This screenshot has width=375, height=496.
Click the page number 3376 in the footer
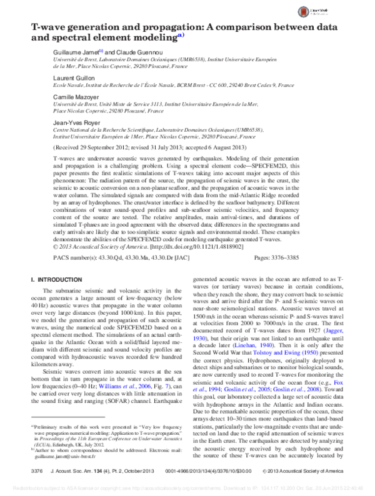pyautogui.click(x=37, y=470)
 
